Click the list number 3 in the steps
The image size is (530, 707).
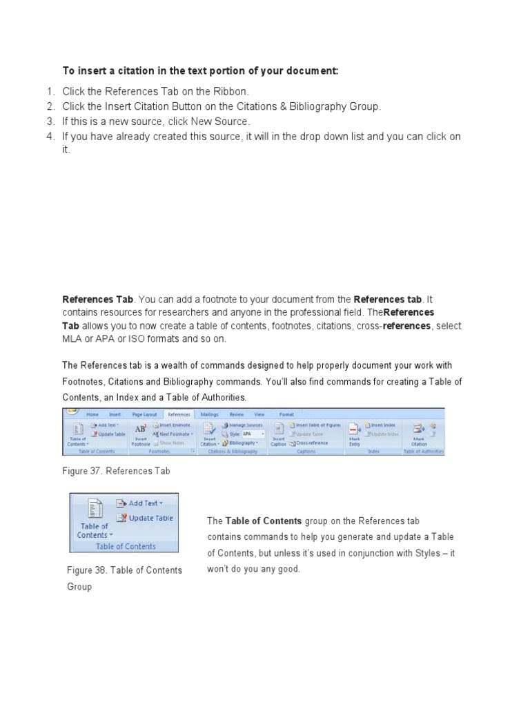[50, 122]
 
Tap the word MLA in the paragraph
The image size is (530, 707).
[73, 339]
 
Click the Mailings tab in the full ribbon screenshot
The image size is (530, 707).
[209, 414]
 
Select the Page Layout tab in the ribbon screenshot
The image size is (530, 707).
[145, 414]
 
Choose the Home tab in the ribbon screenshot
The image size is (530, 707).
[92, 414]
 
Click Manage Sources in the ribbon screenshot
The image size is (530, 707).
[242, 425]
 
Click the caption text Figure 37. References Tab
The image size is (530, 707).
[116, 471]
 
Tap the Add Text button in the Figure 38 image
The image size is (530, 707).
[141, 503]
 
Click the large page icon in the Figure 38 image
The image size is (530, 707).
[92, 510]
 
